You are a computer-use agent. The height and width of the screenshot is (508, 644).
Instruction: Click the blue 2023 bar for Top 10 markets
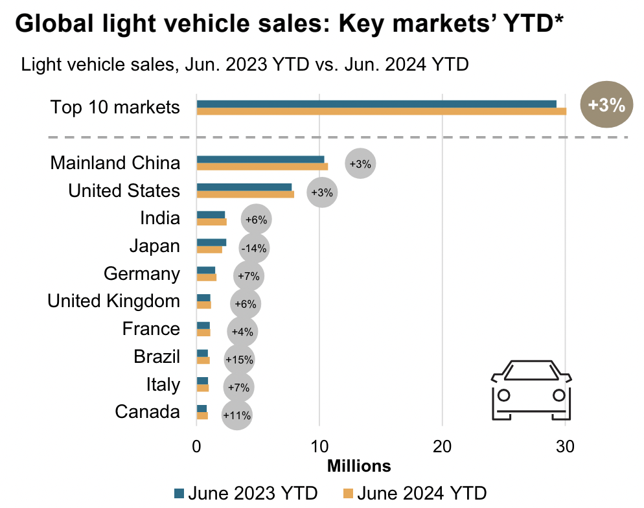click(376, 104)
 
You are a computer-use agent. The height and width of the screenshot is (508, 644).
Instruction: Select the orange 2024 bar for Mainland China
click(262, 167)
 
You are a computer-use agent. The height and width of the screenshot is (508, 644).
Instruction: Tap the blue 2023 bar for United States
click(244, 187)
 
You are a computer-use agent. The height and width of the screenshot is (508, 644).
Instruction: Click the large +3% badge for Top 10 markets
click(606, 106)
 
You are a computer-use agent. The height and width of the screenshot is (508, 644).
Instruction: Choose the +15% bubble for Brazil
click(239, 359)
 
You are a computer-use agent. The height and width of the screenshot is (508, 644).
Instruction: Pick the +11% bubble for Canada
click(236, 415)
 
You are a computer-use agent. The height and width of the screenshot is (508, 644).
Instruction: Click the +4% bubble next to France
click(242, 331)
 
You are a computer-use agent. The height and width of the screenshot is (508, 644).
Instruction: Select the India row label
click(159, 218)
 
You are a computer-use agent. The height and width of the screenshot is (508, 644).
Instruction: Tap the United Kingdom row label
click(113, 301)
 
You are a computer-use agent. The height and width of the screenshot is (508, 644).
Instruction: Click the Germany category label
click(141, 273)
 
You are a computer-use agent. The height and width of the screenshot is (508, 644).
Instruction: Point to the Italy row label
click(163, 384)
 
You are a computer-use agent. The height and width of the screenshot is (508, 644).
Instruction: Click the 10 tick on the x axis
click(319, 446)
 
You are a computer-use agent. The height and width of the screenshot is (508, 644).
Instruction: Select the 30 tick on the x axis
click(565, 446)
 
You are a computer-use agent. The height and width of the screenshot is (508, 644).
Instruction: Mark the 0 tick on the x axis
click(196, 446)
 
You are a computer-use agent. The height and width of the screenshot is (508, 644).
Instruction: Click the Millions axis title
click(359, 466)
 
